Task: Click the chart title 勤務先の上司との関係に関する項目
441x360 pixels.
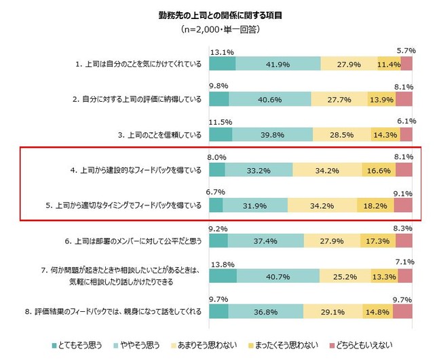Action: [220, 15]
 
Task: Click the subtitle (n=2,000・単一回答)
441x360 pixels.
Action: [220, 30]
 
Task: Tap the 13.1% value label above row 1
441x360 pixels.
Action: [221, 50]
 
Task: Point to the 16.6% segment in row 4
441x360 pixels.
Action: [377, 170]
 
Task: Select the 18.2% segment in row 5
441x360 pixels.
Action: [375, 205]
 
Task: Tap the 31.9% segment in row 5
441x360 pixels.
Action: [256, 205]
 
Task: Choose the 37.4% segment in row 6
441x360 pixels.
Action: [266, 241]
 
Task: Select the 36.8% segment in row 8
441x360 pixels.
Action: [266, 311]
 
